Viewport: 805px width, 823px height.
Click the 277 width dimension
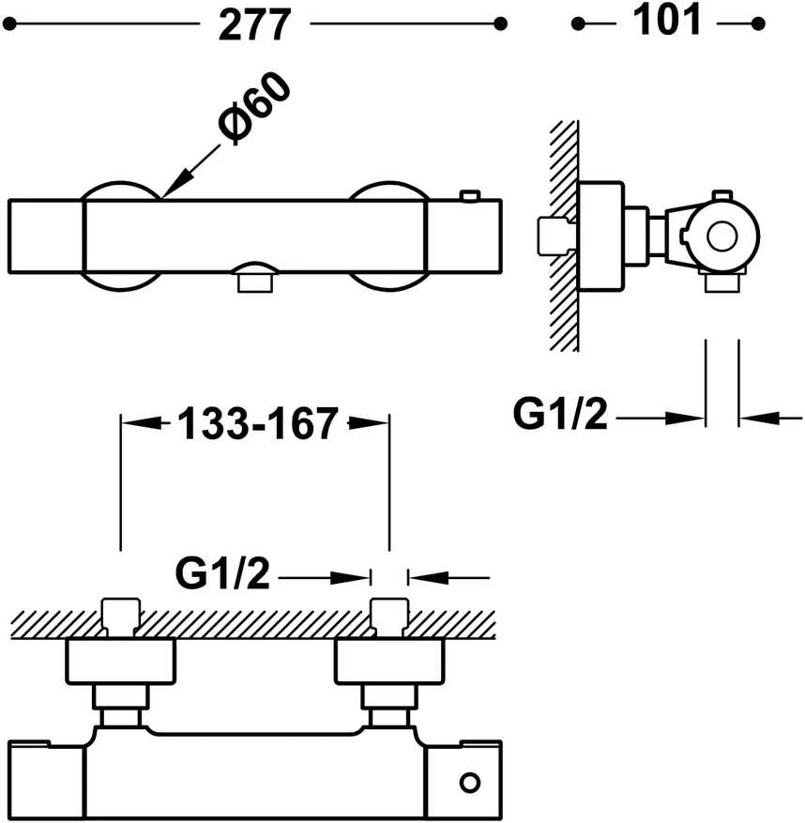tap(254, 24)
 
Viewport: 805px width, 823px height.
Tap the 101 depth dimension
tap(666, 20)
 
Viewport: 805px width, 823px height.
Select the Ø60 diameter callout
tap(253, 108)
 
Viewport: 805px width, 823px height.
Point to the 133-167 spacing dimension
tap(257, 423)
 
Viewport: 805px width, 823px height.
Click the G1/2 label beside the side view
tap(560, 414)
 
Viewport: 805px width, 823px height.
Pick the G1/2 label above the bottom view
tap(222, 573)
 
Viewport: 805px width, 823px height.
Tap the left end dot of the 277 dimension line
tap(9, 23)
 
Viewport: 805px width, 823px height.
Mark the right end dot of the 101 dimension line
tap(758, 23)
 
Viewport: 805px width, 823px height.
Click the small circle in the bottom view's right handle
tap(470, 783)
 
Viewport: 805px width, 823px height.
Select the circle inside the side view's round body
tap(721, 236)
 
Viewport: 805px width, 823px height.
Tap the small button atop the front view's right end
tap(470, 196)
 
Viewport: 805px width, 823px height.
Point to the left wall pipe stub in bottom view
tap(121, 617)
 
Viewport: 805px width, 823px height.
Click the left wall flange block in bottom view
tap(121, 662)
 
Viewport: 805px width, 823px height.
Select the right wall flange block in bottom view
tap(390, 662)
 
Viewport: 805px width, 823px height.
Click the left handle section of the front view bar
tap(46, 236)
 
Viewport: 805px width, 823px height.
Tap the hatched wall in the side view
tap(564, 236)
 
